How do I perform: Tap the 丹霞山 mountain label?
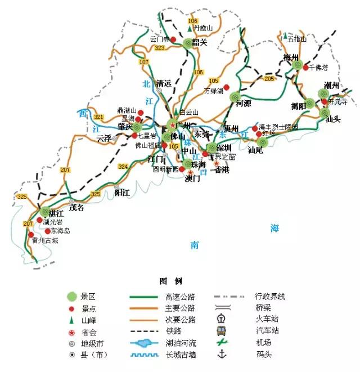tap(203, 28)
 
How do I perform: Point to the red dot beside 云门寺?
tap(174, 40)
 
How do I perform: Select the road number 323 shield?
tap(160, 48)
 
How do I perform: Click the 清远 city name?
tap(164, 83)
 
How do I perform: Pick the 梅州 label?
tap(291, 57)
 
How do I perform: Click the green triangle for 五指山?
tap(286, 35)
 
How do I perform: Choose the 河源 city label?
tap(243, 104)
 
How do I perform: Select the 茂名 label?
tap(76, 208)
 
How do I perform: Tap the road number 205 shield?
tap(269, 79)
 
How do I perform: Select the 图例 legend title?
tap(171, 281)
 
